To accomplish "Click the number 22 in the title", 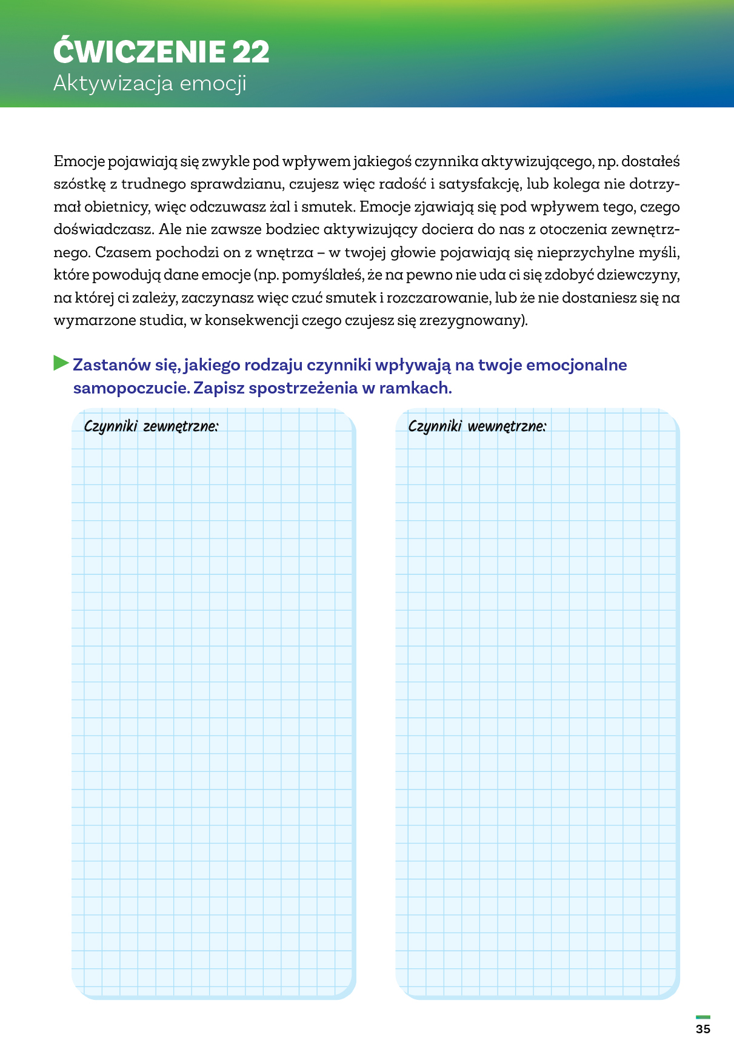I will click(250, 52).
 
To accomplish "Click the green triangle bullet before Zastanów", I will click(61, 363).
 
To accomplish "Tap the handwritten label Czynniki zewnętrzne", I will click(151, 426).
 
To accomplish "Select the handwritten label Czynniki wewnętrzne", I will click(477, 426).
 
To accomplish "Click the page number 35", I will click(703, 1029).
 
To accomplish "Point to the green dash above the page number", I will click(703, 1017).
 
